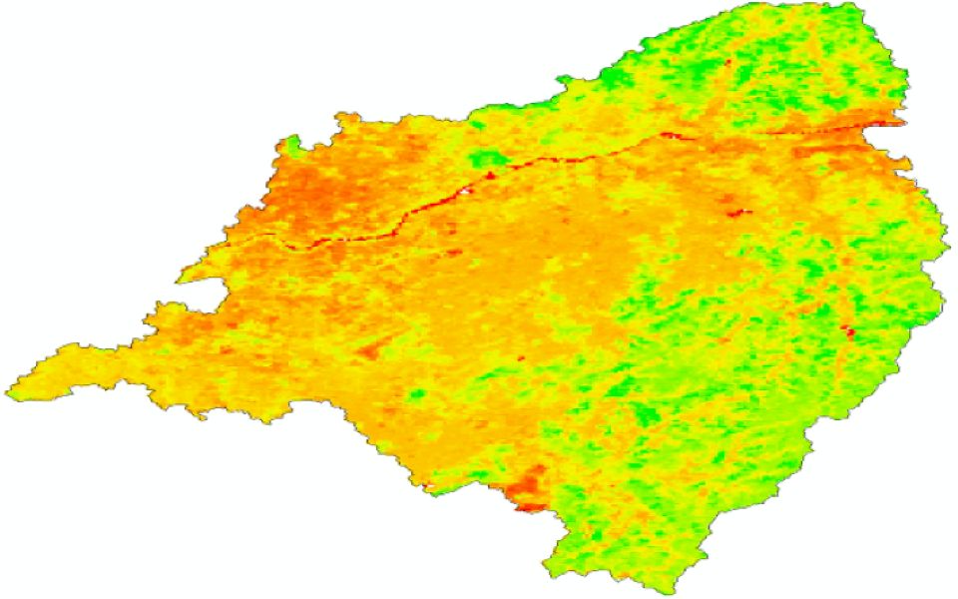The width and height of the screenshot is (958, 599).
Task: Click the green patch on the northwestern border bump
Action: (x=290, y=147)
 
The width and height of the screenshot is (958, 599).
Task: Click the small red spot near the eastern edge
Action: (x=849, y=329)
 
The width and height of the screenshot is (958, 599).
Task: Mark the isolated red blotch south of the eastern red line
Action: (x=740, y=212)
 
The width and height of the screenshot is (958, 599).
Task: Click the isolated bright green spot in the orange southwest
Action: (x=417, y=395)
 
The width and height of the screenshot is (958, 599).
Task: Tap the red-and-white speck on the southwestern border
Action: (x=429, y=489)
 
